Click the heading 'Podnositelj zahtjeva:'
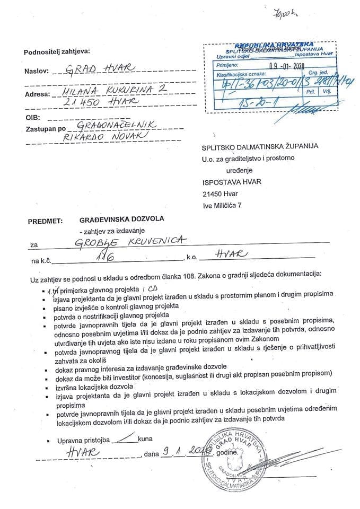(x=57, y=51)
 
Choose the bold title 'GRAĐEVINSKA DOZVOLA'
(x=121, y=218)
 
